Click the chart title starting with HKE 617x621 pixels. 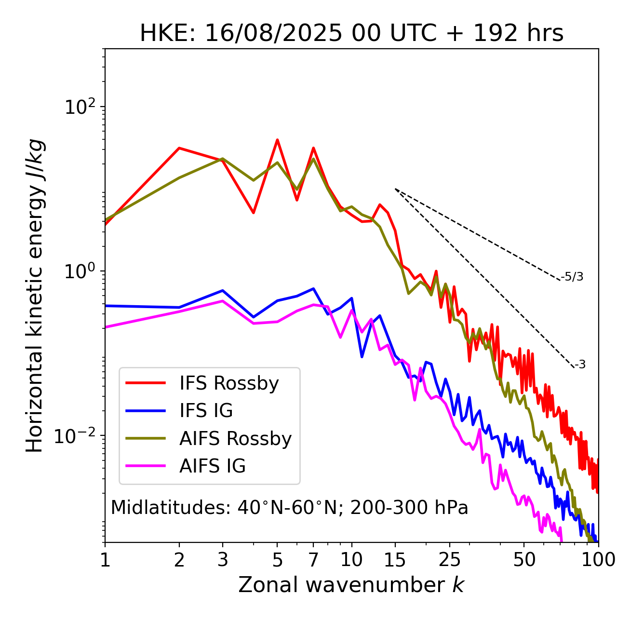(x=351, y=34)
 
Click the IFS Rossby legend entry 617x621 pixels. (x=229, y=383)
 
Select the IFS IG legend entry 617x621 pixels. (x=206, y=411)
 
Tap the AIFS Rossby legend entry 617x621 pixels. (x=235, y=439)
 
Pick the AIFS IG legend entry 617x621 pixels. (x=212, y=466)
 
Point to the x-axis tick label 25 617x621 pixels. (x=449, y=560)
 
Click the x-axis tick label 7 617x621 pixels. (x=313, y=560)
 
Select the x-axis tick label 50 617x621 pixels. (x=524, y=560)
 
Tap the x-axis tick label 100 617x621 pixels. (x=598, y=560)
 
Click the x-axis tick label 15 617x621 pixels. (x=395, y=560)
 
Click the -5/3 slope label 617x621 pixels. (x=572, y=277)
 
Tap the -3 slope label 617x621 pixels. (x=580, y=365)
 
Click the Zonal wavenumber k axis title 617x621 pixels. (x=351, y=585)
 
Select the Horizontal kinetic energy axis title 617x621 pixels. (x=35, y=295)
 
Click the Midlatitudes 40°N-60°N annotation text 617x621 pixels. (x=289, y=508)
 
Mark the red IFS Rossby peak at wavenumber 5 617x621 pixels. (x=277, y=140)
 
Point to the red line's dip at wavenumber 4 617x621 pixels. (x=253, y=213)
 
